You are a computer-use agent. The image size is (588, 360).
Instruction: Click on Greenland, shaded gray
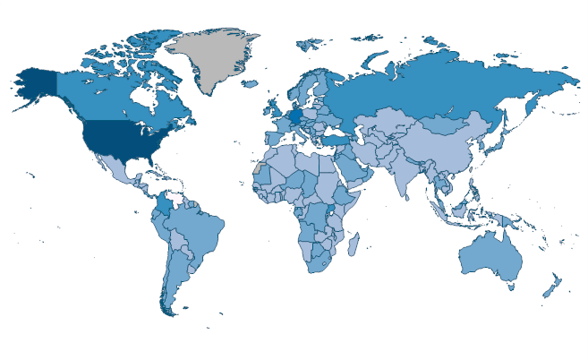click(215, 58)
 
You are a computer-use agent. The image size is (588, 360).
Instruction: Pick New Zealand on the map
click(551, 287)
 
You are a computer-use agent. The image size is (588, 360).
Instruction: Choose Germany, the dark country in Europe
click(295, 116)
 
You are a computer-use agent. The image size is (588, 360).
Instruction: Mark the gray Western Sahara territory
click(260, 167)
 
